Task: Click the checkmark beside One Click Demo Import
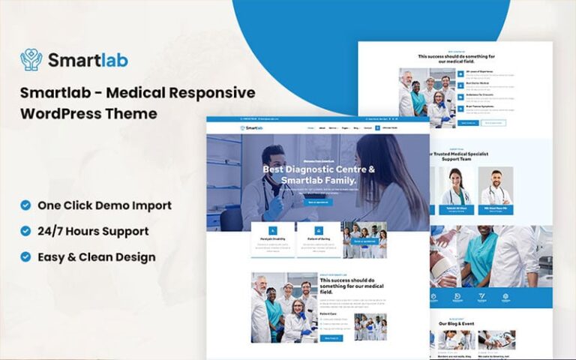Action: [x=25, y=205]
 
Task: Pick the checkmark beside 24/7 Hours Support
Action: [x=25, y=231]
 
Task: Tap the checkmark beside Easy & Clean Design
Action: [x=25, y=256]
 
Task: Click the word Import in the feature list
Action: [x=150, y=205]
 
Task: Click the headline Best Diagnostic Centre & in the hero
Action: [x=318, y=168]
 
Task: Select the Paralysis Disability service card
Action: [x=272, y=239]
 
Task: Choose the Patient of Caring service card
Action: [x=318, y=239]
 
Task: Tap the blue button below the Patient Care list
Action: [x=331, y=338]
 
